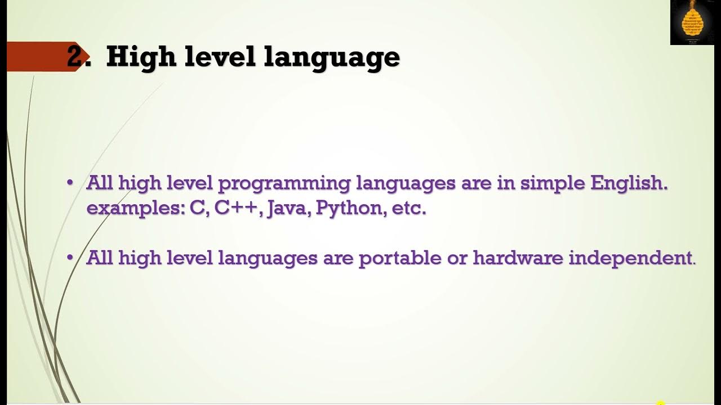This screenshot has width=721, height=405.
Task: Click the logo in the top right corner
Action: pyautogui.click(x=692, y=22)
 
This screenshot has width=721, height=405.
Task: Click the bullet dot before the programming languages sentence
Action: pyautogui.click(x=70, y=183)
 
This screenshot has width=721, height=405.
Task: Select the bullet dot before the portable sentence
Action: pyautogui.click(x=70, y=258)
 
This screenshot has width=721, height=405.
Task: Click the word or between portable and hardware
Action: pyautogui.click(x=456, y=258)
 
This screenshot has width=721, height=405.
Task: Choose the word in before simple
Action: pyautogui.click(x=506, y=183)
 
